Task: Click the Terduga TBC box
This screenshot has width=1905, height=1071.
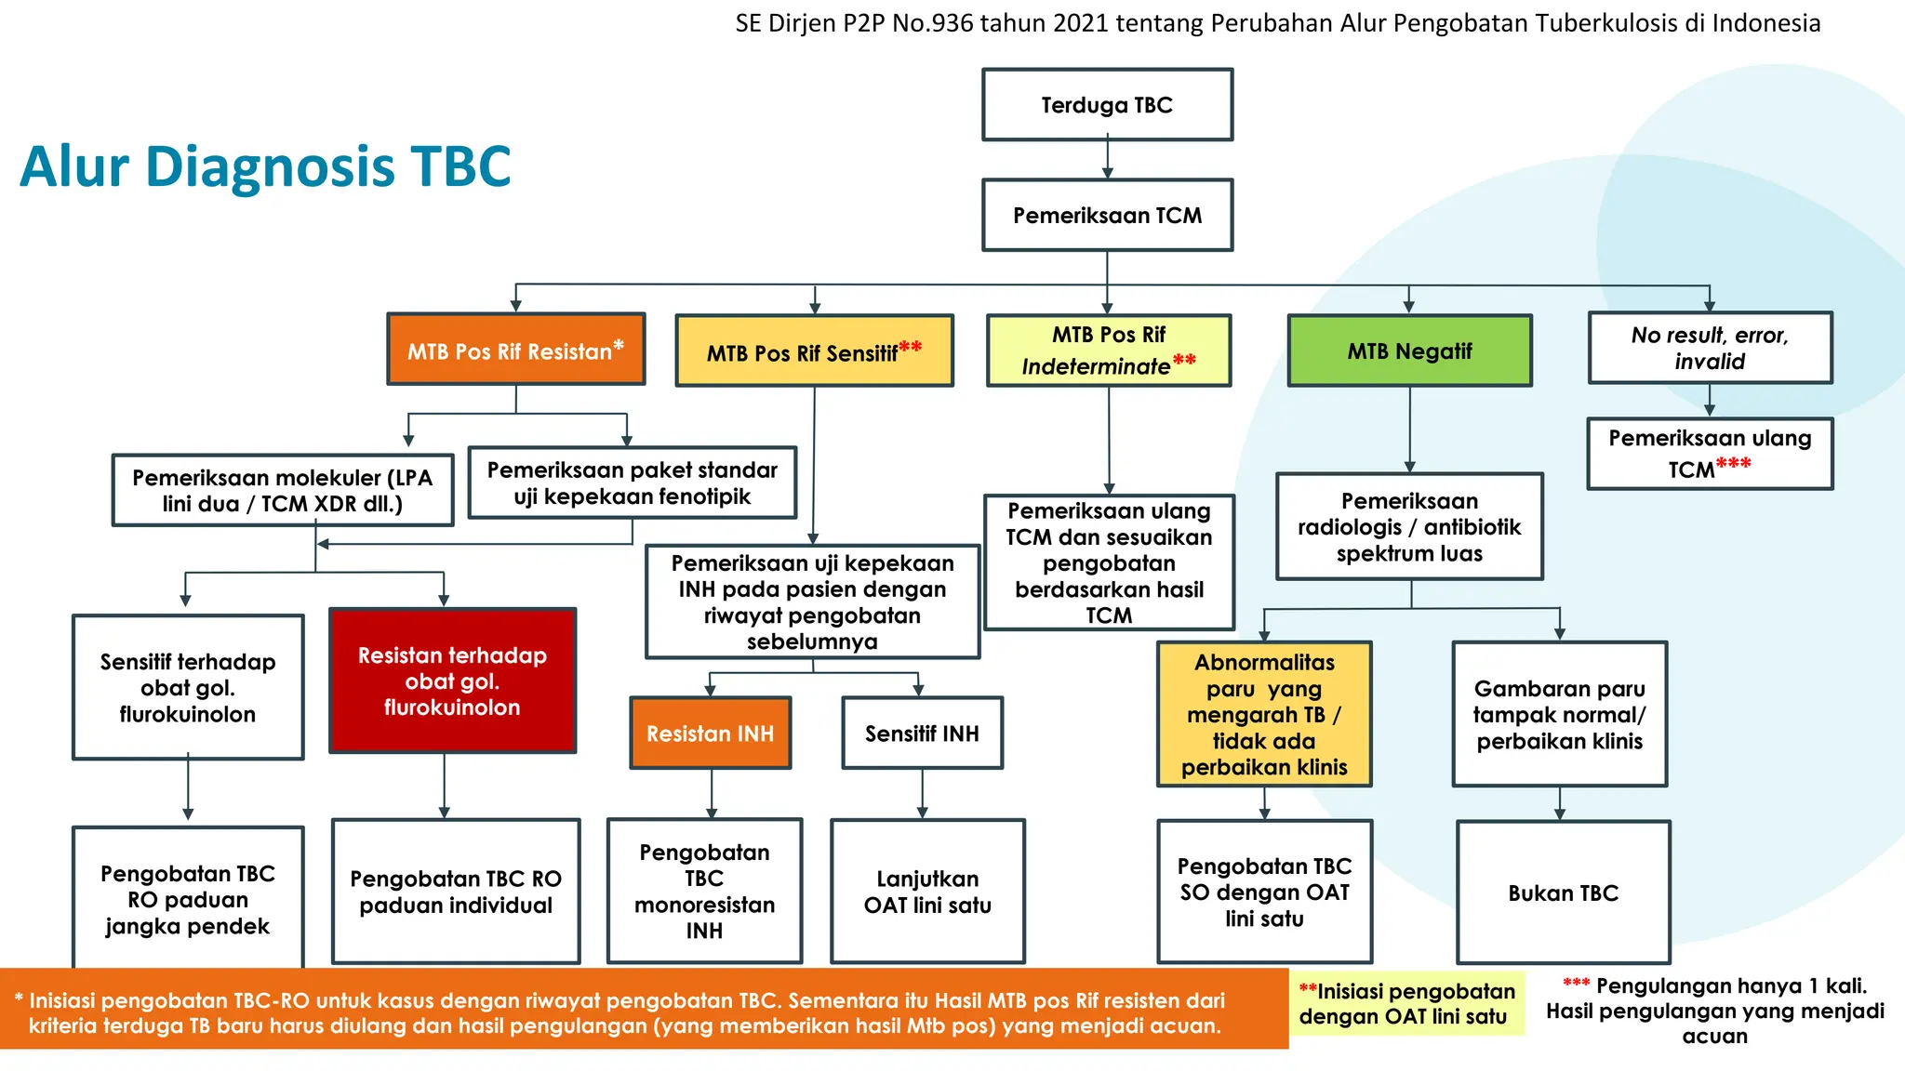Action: point(1107,105)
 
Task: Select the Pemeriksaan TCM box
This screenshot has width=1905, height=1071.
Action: point(1107,216)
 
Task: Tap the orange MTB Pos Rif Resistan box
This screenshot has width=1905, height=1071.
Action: point(516,350)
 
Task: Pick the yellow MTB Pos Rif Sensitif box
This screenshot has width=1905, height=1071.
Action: point(814,351)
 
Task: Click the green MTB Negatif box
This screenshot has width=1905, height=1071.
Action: point(1409,351)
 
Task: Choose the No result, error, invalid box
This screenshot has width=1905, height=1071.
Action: point(1710,348)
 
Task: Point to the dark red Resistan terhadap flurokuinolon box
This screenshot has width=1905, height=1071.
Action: point(453,681)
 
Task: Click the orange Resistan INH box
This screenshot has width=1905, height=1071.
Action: point(711,734)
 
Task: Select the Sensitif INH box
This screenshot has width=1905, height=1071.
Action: point(922,734)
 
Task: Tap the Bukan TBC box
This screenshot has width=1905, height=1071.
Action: point(1563,893)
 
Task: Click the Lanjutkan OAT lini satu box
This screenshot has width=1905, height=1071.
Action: point(927,892)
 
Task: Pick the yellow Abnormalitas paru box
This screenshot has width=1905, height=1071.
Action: point(1264,714)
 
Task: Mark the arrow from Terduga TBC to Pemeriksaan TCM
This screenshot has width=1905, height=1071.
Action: point(1107,160)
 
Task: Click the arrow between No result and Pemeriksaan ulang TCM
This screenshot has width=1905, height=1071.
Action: point(1710,401)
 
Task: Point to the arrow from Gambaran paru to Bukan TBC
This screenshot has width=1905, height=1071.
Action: point(1560,803)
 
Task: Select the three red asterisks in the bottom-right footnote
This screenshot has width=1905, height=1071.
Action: point(1576,984)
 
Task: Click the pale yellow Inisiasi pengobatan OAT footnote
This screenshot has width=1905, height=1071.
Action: point(1405,1004)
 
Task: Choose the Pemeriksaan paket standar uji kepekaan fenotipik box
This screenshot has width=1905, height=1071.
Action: point(633,483)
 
